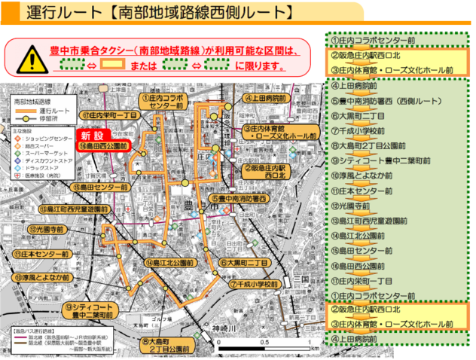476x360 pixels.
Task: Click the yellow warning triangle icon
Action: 32,58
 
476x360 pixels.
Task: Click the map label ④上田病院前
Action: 264,98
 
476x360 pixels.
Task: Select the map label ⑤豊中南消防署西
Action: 239,198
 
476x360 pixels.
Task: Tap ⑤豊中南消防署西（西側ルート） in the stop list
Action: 384,100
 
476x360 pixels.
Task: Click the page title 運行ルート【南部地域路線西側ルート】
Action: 158,14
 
